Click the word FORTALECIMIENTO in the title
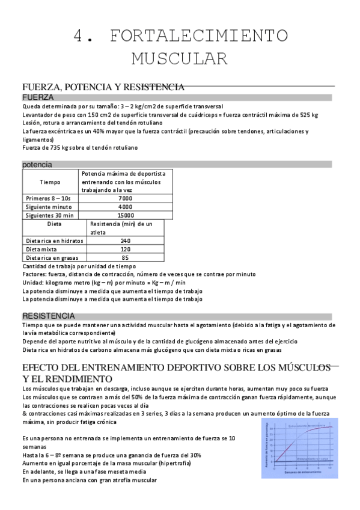coord(198,36)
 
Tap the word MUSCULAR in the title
coord(180,58)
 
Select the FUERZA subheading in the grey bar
coord(38,97)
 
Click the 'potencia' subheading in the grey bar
coord(37,164)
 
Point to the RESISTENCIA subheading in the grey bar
coord(49,316)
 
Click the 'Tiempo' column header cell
coord(50,182)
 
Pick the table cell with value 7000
coord(125,198)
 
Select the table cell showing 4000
coord(125,206)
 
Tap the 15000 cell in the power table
coord(125,215)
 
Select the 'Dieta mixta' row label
coord(43,249)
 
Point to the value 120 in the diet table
coord(125,249)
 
